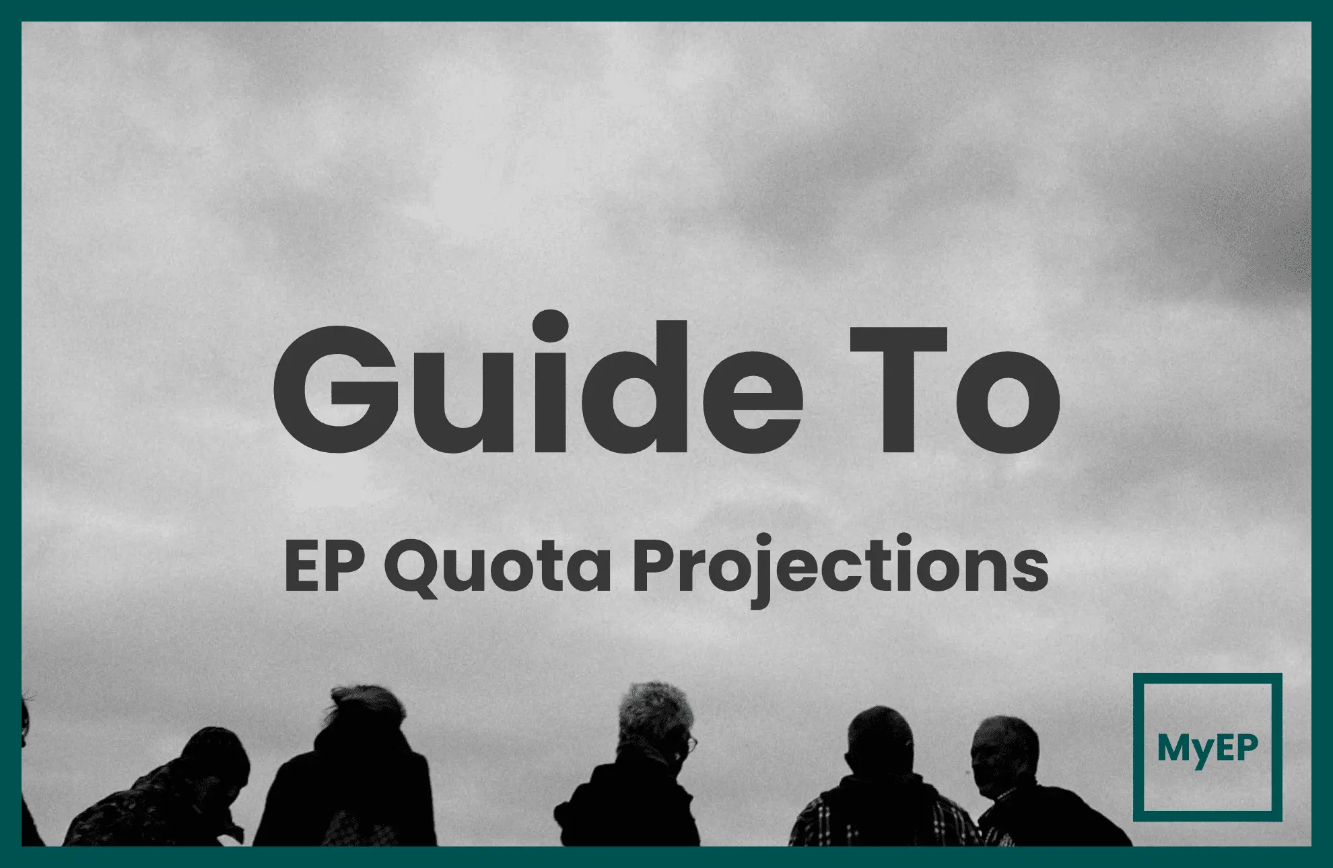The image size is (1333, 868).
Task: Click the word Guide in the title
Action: [x=539, y=387]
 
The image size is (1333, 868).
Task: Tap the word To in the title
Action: [x=953, y=390]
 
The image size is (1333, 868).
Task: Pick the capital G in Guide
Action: [x=337, y=390]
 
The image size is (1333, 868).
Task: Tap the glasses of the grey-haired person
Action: [x=691, y=744]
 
